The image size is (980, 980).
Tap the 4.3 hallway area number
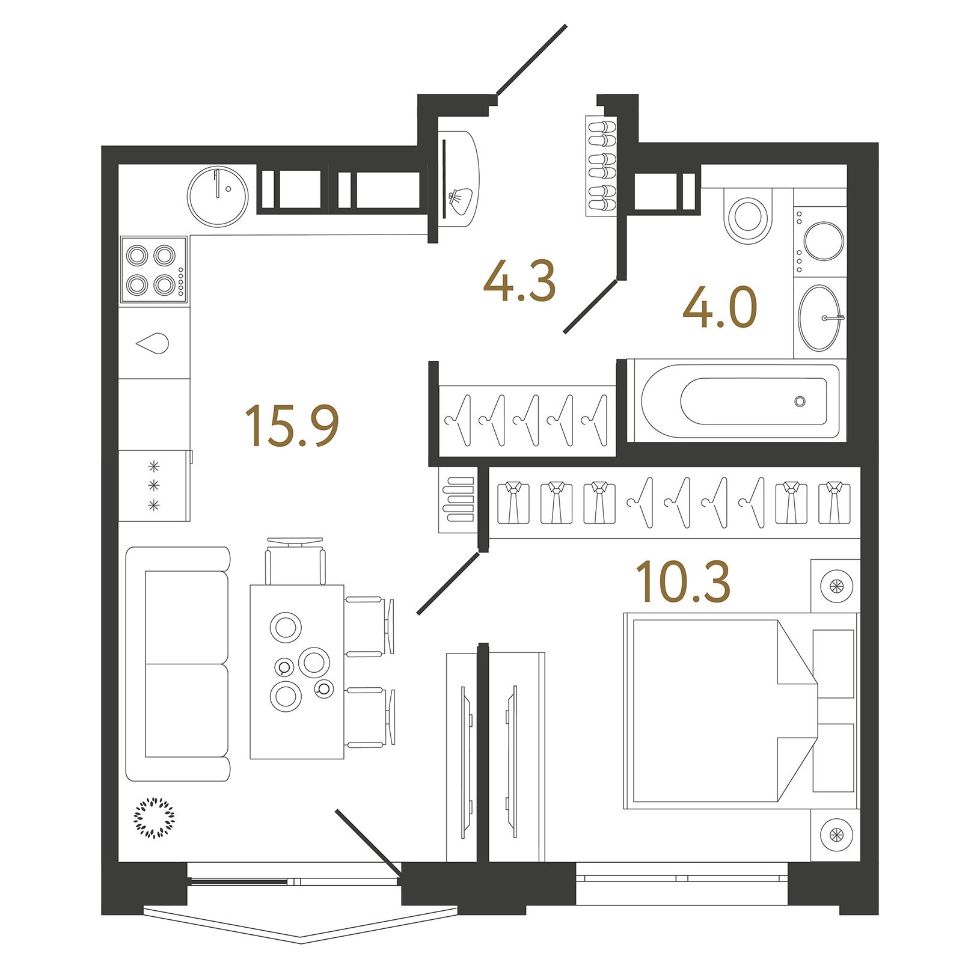click(519, 281)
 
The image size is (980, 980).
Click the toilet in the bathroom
click(748, 216)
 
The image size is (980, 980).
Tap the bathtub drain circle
click(800, 402)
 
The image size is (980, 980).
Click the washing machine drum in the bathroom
click(823, 241)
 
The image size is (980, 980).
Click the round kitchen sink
click(218, 197)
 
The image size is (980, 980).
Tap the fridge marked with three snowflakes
click(155, 485)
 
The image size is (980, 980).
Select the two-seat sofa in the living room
click(179, 664)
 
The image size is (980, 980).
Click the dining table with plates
click(297, 672)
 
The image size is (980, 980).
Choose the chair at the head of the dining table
click(295, 560)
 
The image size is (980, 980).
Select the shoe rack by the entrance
click(602, 165)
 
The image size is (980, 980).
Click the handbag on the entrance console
click(461, 201)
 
